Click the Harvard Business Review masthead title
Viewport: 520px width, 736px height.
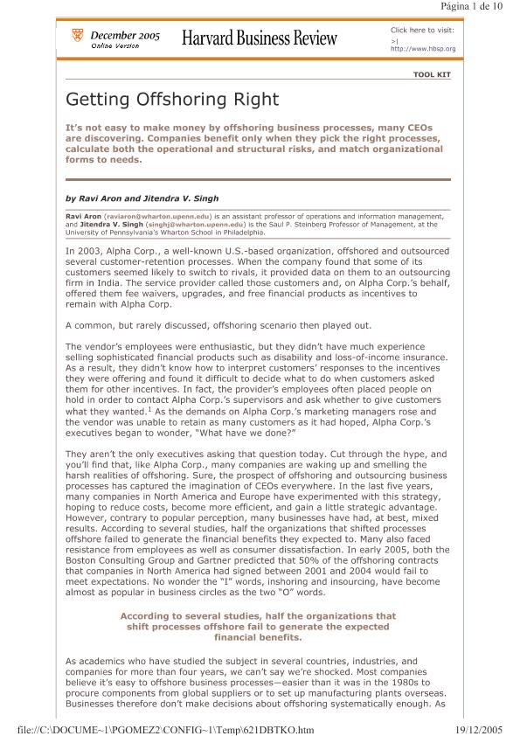[x=260, y=38]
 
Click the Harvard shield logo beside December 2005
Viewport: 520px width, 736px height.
[x=77, y=37]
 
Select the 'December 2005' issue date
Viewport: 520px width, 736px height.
[x=125, y=35]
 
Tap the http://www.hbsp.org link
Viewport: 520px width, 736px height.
[x=423, y=49]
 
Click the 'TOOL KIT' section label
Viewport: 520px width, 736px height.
[x=432, y=75]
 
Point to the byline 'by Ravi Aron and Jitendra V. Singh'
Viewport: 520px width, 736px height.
[x=142, y=198]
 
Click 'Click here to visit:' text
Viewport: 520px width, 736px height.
[x=422, y=30]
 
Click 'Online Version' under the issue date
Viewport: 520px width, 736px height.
[x=114, y=45]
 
